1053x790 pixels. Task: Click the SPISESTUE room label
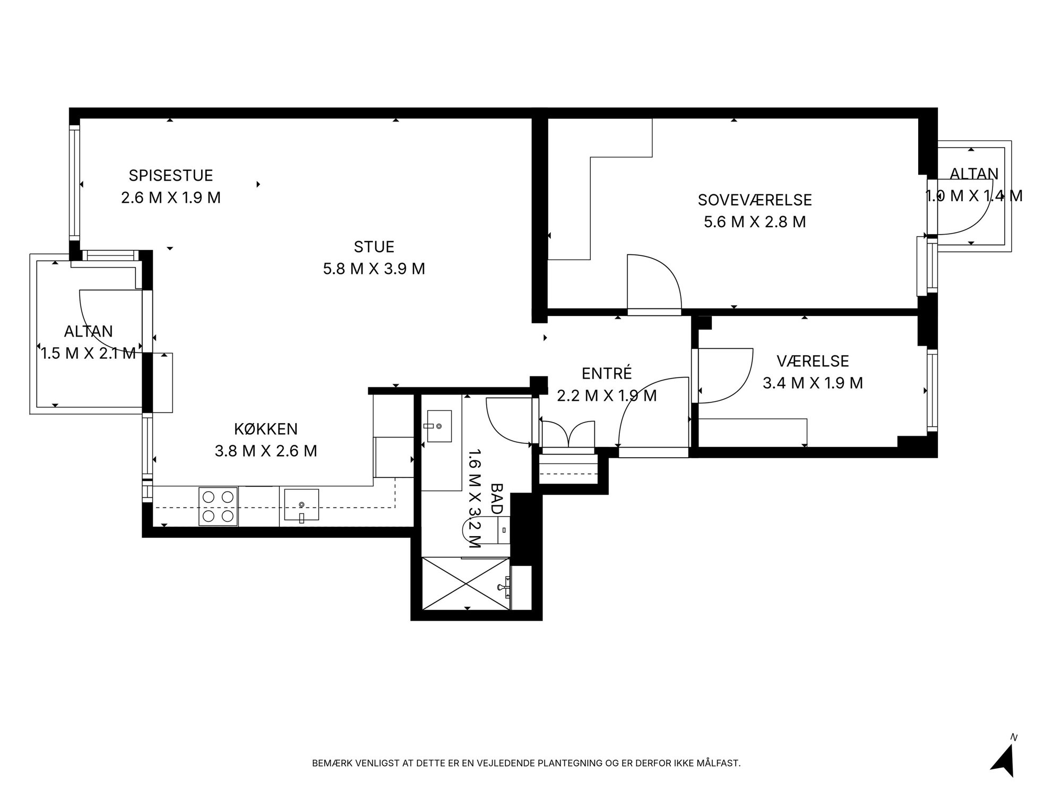[171, 175]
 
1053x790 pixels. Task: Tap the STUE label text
[374, 247]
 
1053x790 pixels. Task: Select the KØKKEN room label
[266, 428]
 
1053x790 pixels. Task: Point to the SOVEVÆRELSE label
[755, 200]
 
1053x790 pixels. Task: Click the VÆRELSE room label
[813, 361]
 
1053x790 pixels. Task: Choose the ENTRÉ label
[607, 373]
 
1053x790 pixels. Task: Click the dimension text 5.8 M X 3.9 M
[374, 269]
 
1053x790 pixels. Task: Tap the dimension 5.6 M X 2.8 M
[755, 222]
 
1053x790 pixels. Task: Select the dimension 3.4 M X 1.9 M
[813, 383]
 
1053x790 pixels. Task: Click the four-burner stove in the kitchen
[218, 506]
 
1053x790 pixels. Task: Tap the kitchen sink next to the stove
[301, 505]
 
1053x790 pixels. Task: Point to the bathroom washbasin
[439, 426]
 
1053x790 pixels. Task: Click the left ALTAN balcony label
[89, 331]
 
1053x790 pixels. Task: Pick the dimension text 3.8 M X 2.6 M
[266, 451]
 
